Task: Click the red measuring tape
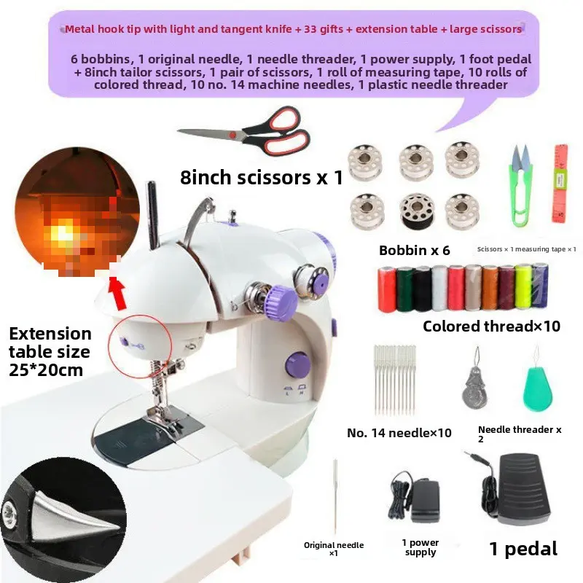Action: pos(560,182)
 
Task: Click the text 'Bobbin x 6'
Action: pos(414,251)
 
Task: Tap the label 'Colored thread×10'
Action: pos(491,326)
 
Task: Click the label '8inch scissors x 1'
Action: pos(261,177)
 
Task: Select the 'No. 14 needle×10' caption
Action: pos(399,433)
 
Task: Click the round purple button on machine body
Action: pos(297,363)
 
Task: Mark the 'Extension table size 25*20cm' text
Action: pos(50,352)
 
